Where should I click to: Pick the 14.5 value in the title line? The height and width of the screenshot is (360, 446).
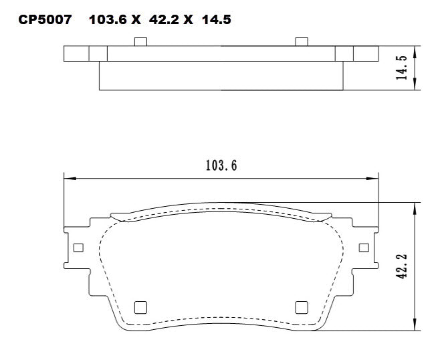[x=217, y=20]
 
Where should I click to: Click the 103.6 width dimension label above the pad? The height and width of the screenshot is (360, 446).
[x=221, y=167]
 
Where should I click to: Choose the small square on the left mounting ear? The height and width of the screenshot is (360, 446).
[x=78, y=248]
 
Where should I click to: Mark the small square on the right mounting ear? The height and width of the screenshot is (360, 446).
[x=364, y=248]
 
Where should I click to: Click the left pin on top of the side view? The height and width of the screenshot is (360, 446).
[x=140, y=42]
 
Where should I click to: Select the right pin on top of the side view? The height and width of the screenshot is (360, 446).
[x=302, y=42]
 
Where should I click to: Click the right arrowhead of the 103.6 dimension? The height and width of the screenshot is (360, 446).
[x=375, y=179]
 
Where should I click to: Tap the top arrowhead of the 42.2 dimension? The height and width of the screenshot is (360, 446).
[x=417, y=206]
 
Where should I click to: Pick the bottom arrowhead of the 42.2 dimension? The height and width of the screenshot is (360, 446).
[x=417, y=327]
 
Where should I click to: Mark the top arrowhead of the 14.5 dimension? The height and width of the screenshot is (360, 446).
[x=417, y=50]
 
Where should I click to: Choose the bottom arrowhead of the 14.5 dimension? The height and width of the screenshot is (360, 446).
[x=417, y=86]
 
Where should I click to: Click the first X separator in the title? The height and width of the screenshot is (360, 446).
[x=136, y=20]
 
